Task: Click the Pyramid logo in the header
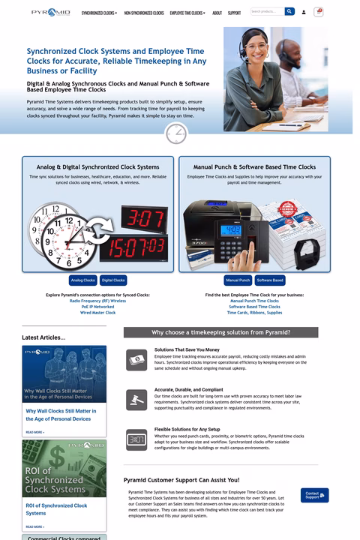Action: coord(50,12)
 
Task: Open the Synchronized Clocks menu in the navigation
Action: coord(99,13)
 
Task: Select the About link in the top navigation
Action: coord(217,13)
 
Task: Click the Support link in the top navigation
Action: coord(234,13)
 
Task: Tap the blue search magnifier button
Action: coord(289,12)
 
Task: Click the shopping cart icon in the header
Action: coord(319,12)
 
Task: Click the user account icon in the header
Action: coord(304,12)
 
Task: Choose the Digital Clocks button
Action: coord(113,280)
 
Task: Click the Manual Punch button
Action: coord(238,280)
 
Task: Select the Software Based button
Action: coord(270,280)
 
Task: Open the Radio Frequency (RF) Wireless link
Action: coord(97,301)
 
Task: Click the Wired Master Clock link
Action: coord(97,313)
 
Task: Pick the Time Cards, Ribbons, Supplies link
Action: coord(254,313)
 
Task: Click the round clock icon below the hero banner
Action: coord(175,133)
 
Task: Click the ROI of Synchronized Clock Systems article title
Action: coord(56,509)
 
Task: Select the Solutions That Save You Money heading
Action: coord(187,349)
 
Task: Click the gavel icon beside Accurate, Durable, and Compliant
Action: coord(136,399)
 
